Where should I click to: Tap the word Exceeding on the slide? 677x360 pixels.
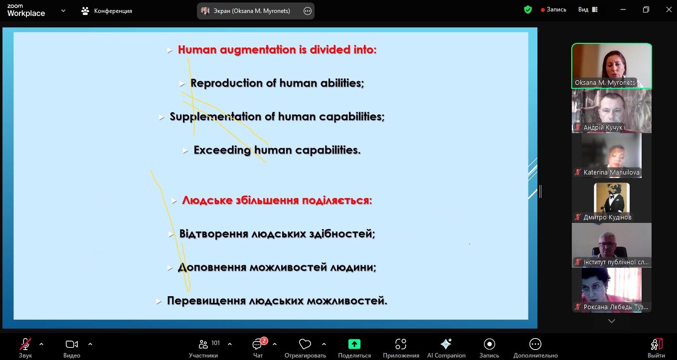point(222,150)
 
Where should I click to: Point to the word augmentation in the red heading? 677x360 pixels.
point(258,50)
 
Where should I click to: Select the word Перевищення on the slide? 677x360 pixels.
point(206,301)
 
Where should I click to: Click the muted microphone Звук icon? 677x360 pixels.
point(25,344)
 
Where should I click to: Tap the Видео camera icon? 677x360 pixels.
point(72,344)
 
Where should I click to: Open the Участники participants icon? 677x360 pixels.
point(203,344)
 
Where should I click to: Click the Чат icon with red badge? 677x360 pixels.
point(258,344)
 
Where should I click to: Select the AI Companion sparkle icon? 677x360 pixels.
point(446,344)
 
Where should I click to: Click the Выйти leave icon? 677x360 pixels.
point(656,344)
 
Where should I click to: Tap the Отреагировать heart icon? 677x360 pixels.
point(305,344)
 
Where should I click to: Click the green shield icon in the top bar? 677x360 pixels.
point(528,9)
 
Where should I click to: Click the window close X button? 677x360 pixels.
point(669,9)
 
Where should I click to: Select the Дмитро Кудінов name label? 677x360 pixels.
point(607,217)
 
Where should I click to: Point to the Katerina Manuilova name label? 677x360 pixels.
point(611,173)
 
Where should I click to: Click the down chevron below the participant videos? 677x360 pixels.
point(611,321)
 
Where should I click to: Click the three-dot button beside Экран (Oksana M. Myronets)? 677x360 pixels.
point(308,11)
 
